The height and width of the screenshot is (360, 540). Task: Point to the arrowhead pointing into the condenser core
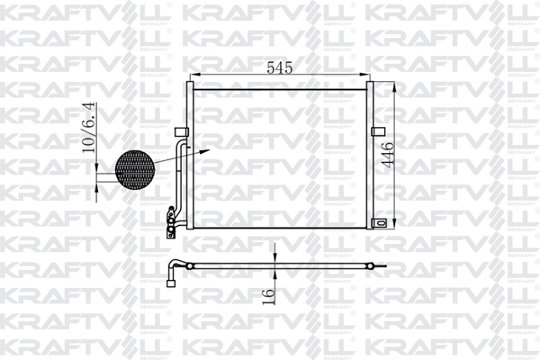point(209,151)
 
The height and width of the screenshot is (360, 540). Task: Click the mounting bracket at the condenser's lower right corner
point(384,222)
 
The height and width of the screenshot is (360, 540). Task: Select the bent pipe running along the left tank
point(180,175)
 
